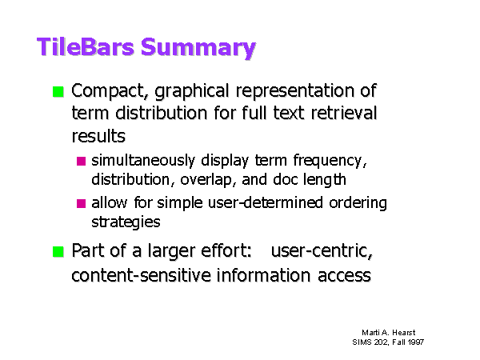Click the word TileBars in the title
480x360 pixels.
coord(86,47)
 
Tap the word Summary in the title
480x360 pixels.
coord(198,48)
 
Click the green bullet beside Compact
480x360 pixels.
coord(58,91)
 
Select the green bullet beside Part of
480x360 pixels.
coord(58,252)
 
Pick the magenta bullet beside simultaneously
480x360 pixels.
coord(81,161)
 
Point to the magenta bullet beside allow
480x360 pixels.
coord(81,203)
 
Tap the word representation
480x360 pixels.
coord(294,91)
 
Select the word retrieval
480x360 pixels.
coord(344,113)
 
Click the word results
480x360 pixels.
coord(98,136)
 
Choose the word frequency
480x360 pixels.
coord(330,161)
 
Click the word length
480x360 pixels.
coord(325,180)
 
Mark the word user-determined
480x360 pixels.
coord(265,202)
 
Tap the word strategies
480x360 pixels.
coord(126,222)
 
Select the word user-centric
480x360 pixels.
coord(322,250)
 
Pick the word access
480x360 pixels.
coord(344,275)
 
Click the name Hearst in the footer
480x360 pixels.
coord(404,333)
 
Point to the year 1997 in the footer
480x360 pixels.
coord(416,342)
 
